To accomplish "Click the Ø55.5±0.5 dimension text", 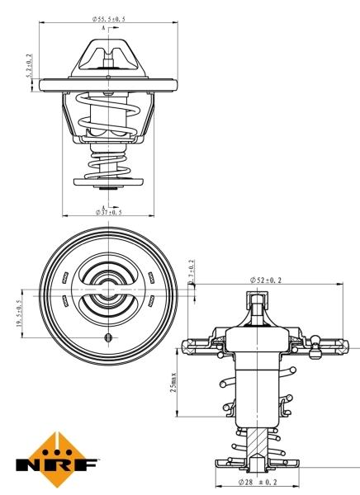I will coord(109,18).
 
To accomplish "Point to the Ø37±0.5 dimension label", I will coord(110,212).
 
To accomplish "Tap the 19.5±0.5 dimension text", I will coord(19,313).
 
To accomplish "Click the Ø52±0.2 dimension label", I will coord(265,281).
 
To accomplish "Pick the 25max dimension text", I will coord(173,381).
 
